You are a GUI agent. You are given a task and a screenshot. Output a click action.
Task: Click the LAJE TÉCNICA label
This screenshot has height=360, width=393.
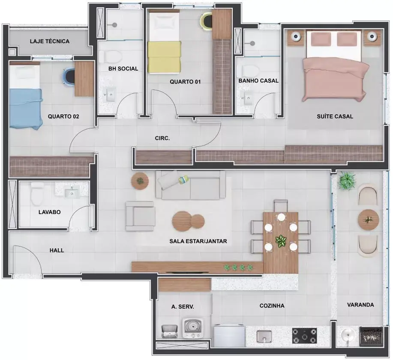click(x=50, y=41)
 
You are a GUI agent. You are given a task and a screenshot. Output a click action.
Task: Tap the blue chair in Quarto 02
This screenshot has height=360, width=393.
click(x=69, y=76)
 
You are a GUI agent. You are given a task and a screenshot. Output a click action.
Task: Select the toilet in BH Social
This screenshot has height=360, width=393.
click(x=113, y=57)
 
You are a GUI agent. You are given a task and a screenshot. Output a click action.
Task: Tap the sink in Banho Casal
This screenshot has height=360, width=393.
click(x=248, y=98)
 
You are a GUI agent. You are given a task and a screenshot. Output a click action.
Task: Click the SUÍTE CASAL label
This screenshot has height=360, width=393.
click(x=335, y=116)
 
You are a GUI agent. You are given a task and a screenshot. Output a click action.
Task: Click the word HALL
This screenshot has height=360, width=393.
click(x=57, y=250)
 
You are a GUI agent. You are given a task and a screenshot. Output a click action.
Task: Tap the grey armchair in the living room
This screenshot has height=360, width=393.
click(x=140, y=216)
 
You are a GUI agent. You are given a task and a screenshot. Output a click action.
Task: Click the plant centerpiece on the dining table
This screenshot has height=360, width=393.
click(x=281, y=241)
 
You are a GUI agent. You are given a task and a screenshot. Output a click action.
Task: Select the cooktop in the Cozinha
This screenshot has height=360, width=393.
click(x=305, y=336)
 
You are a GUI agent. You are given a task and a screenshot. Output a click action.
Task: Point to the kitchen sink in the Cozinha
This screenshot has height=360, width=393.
click(x=264, y=336)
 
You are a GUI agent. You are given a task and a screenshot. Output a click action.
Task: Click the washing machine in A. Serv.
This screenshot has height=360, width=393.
click(x=192, y=328)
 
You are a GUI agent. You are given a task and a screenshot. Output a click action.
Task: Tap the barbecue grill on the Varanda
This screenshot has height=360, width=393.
click(x=371, y=336)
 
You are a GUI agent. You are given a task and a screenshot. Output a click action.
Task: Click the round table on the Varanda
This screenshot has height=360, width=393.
click(x=368, y=220)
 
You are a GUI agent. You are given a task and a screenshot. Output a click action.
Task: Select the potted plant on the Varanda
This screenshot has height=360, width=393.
click(x=347, y=181)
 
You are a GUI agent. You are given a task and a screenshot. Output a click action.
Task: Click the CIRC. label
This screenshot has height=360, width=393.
click(x=162, y=138)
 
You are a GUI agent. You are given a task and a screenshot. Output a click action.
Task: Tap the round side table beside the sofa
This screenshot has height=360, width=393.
click(x=140, y=181)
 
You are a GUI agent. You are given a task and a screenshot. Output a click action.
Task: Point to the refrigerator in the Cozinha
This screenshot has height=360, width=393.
click(x=229, y=336)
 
